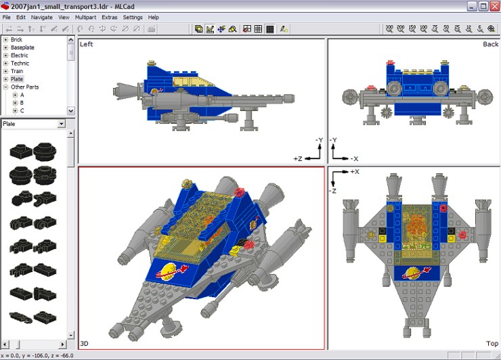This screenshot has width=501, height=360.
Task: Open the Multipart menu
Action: [85, 17]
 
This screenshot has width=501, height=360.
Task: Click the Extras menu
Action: [109, 17]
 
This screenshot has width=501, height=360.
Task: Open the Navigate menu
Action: [41, 17]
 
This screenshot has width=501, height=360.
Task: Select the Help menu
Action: [154, 17]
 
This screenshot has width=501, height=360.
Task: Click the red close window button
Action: [494, 5]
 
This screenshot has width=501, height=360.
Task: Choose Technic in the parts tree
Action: [20, 64]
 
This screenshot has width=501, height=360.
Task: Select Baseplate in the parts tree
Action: [22, 47]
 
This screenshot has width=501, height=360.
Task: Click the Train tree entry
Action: [17, 71]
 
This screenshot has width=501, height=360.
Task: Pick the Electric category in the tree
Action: [20, 55]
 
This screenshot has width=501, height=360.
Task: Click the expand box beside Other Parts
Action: [5, 87]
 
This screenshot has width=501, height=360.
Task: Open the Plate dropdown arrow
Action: [62, 124]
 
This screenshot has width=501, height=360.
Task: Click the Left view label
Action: [86, 45]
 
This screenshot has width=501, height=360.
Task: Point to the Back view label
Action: [490, 45]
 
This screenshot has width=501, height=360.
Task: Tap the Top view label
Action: [492, 344]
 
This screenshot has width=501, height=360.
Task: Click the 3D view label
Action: [85, 344]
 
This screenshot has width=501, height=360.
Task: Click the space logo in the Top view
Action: [412, 275]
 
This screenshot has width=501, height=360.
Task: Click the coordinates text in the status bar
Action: [37, 355]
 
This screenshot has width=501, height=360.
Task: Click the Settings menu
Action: [132, 17]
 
